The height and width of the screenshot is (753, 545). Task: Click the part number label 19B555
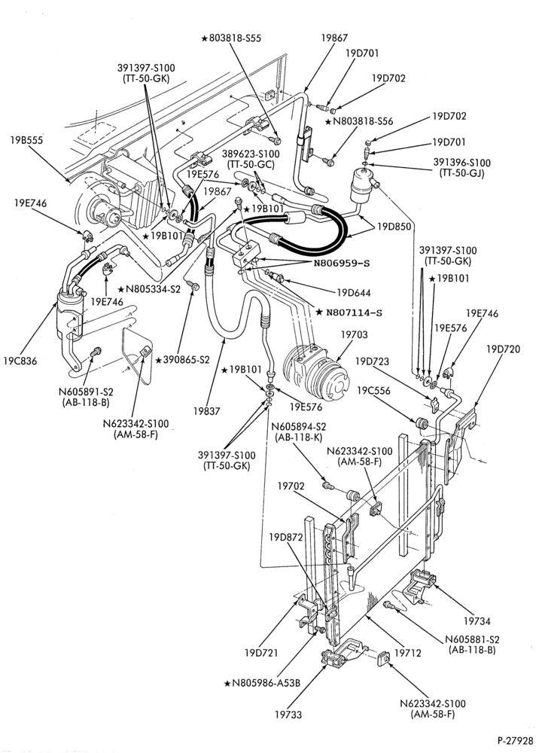tap(26, 140)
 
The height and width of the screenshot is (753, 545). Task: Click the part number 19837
tap(206, 410)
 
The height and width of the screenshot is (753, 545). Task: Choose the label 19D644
tap(354, 292)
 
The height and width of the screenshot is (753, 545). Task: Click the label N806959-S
tap(342, 263)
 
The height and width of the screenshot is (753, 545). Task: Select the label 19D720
tap(503, 349)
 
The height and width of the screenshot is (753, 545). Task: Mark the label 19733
tap(288, 714)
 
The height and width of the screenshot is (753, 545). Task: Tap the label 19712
tap(407, 653)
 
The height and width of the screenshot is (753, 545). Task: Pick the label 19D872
tap(286, 537)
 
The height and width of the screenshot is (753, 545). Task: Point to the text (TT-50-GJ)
tap(461, 173)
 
